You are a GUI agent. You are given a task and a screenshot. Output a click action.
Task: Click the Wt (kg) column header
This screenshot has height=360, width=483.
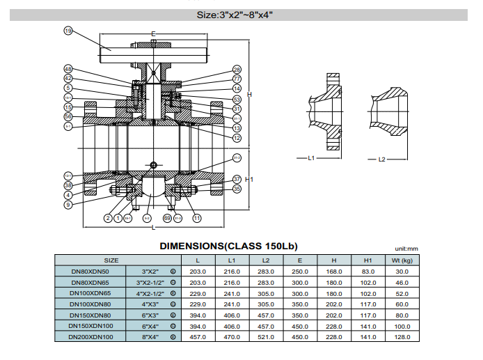[402, 260]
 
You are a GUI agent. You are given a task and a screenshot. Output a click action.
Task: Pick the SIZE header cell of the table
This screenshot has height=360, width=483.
[111, 260]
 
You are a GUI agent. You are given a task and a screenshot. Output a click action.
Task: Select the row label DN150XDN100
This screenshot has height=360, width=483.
[90, 326]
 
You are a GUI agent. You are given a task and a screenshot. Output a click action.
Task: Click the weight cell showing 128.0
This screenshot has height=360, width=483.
[402, 337]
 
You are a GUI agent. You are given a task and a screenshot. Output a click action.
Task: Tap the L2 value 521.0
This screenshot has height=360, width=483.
[265, 337]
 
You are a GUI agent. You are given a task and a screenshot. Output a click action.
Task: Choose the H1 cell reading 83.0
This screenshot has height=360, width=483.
[368, 271]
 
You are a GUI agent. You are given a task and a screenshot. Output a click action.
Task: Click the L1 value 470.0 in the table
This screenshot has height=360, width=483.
[231, 337]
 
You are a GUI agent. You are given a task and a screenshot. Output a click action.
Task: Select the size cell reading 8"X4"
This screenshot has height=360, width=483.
[150, 337]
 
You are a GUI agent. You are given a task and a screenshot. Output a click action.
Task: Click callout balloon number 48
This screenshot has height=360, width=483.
[68, 69]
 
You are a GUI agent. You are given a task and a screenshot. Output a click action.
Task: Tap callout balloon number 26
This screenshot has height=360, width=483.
[237, 70]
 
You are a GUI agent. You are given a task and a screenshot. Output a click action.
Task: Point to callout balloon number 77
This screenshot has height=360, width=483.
[237, 79]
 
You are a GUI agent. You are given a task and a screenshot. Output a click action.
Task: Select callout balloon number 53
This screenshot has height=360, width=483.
[237, 100]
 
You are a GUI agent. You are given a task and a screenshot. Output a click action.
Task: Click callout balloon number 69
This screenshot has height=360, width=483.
[167, 219]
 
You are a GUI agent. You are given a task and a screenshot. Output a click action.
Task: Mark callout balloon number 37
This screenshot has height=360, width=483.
[237, 179]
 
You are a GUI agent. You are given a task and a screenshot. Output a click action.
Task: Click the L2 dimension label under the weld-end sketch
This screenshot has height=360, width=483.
[381, 159]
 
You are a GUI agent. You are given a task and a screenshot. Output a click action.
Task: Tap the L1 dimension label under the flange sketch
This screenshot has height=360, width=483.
[311, 159]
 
